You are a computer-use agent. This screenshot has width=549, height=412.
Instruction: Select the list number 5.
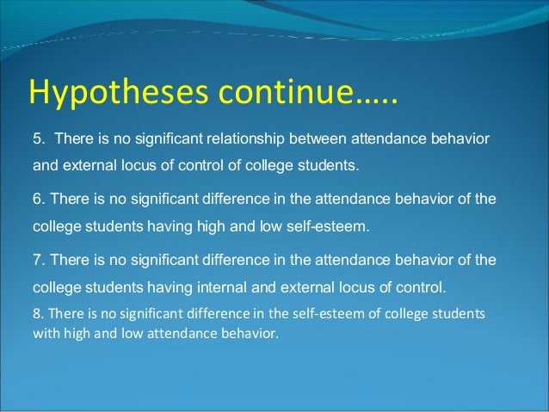38,138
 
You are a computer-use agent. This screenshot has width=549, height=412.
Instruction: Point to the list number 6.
38,200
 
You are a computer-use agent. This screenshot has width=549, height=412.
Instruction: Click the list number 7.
38,260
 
